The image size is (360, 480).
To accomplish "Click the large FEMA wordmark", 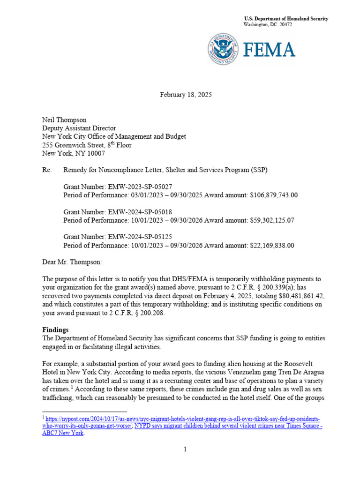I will (x=269, y=50).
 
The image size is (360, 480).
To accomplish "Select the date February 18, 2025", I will (x=186, y=95).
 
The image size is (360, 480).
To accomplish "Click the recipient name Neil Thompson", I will (x=65, y=120).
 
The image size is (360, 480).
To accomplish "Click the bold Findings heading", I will (x=56, y=330).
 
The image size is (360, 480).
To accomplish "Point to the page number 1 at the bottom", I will (x=186, y=450).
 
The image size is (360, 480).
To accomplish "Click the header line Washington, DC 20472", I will (x=268, y=24).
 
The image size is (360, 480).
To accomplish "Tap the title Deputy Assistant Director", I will (x=79, y=128).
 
